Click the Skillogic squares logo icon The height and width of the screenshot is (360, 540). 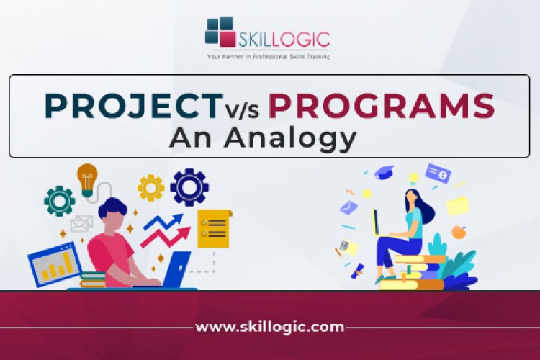(x=220, y=32)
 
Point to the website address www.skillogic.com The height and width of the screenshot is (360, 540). (x=270, y=327)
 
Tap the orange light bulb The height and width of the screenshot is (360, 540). (x=87, y=178)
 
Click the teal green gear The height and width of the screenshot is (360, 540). (x=59, y=201)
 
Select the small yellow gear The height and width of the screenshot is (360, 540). (x=151, y=187)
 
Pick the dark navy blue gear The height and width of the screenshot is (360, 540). (x=190, y=187)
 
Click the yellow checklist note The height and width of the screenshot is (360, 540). (x=214, y=229)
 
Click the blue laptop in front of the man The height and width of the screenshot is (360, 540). (x=176, y=268)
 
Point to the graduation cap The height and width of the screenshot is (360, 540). (x=384, y=172)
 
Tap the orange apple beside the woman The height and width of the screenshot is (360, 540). (x=458, y=232)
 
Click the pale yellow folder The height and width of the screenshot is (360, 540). (x=457, y=205)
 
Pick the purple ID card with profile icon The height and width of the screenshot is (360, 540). (x=437, y=174)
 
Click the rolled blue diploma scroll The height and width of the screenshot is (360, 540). (x=358, y=271)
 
